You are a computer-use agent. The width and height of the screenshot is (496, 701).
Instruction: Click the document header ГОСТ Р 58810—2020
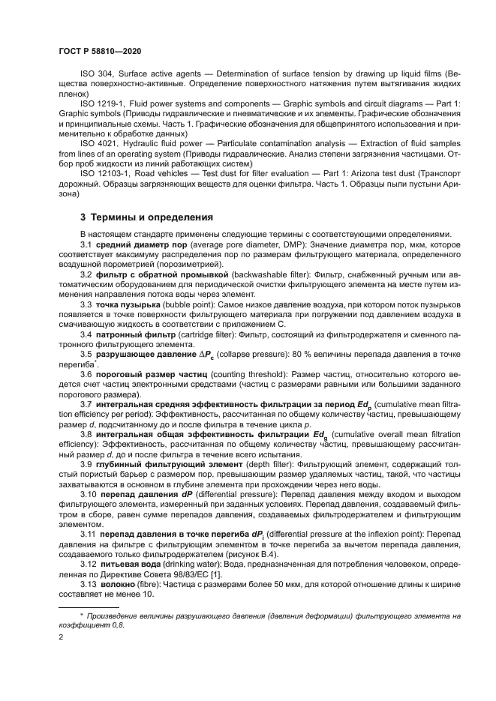[x=99, y=49]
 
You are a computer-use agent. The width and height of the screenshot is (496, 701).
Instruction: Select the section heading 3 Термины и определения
[x=146, y=217]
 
